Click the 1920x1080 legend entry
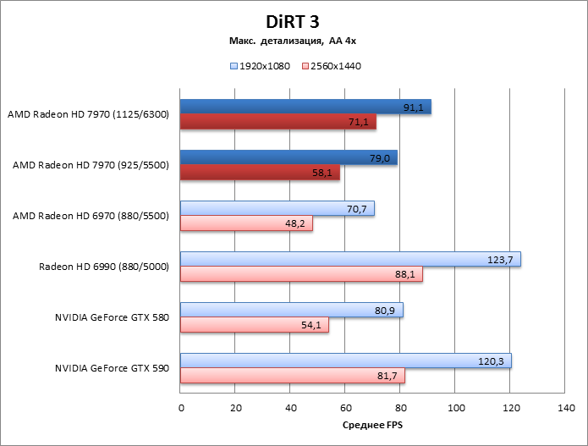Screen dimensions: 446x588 260,65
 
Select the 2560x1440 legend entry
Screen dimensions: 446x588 331,65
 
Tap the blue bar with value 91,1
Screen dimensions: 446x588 305,107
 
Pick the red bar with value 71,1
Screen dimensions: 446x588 278,122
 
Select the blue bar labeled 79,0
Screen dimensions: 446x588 289,157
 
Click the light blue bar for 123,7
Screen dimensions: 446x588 350,259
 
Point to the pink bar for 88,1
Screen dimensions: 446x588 301,274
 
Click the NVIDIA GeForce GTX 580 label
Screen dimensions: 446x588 112,317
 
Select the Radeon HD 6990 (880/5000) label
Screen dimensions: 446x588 104,267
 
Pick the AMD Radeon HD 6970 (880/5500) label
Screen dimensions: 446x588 91,216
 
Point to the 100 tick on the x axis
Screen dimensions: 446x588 455,408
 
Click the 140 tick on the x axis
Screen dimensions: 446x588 565,408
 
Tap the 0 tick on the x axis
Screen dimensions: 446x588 181,408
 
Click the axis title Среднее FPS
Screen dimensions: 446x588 372,426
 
